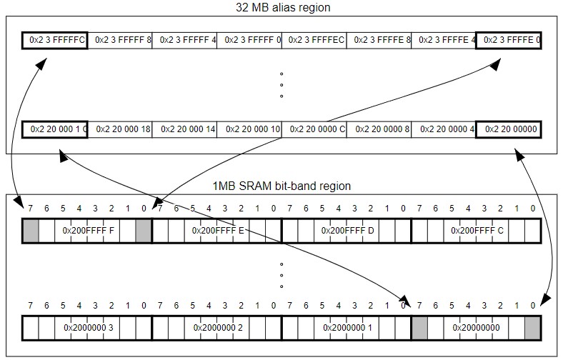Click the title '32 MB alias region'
point(283,8)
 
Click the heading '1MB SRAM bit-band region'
point(281,186)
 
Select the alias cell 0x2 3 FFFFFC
point(55,41)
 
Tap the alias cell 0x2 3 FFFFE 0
point(508,41)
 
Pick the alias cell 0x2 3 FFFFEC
point(314,41)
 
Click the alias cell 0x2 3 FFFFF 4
point(184,41)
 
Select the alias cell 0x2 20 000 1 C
point(55,129)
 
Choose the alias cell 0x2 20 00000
point(508,129)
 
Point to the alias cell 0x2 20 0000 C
point(314,129)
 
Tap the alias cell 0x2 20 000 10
point(249,129)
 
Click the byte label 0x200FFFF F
point(88,231)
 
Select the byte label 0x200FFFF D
point(347,231)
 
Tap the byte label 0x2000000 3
point(88,328)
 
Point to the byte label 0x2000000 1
point(347,328)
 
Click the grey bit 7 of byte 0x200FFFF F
point(31,231)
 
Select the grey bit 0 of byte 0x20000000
point(532,328)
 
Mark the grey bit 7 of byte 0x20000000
point(420,328)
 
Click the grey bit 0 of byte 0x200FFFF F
point(144,231)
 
